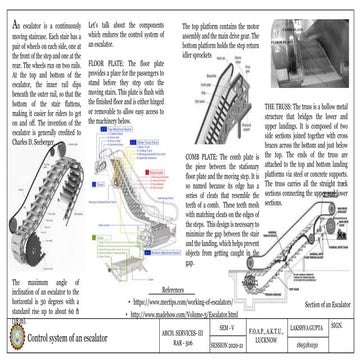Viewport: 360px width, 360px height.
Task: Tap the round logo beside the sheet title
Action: pos(14,338)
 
